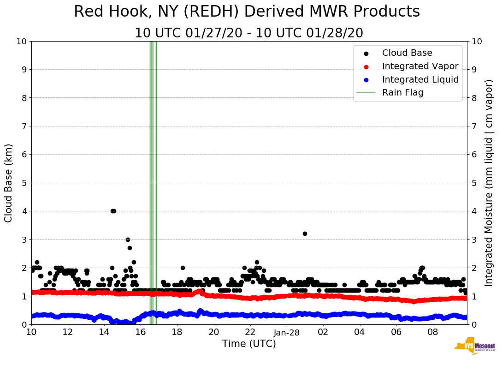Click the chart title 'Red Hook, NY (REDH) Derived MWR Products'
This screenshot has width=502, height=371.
point(247,12)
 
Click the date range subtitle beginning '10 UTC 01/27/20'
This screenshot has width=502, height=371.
point(248,33)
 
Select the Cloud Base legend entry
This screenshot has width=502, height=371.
point(407,53)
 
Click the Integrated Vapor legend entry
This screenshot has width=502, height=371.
point(420,66)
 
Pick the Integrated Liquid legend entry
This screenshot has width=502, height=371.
point(420,79)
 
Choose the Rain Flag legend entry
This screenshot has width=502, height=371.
point(402,92)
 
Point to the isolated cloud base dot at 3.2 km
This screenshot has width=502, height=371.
point(305,233)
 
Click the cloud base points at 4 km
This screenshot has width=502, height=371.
point(113,211)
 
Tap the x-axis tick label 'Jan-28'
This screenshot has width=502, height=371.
point(287,332)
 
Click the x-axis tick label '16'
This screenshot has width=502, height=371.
point(141,332)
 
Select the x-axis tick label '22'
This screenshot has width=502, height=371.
point(250,332)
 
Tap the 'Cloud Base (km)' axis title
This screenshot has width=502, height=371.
point(9,183)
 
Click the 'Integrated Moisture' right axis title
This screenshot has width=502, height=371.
point(489,183)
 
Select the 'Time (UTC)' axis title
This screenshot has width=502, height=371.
point(249,344)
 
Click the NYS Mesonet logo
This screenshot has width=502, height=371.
point(474,347)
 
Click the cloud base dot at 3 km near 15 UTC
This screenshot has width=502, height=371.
point(128,239)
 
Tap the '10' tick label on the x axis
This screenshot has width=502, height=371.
point(31,332)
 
